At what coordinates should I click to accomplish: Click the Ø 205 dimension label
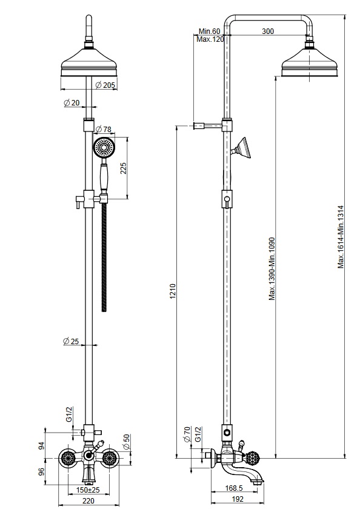pos(105,85)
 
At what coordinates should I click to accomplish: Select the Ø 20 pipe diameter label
pos(72,102)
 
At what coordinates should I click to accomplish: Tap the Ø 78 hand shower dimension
pos(104,129)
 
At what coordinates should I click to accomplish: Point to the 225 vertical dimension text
pos(123,168)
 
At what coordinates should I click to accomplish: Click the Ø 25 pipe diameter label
pos(71,342)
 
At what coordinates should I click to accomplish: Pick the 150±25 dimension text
pos(88,490)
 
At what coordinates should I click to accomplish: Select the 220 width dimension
pos(88,501)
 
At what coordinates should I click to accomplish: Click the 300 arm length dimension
pos(268,32)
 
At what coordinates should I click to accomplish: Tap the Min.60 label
pos(210,32)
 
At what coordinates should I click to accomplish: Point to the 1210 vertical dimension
pos(173,291)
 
